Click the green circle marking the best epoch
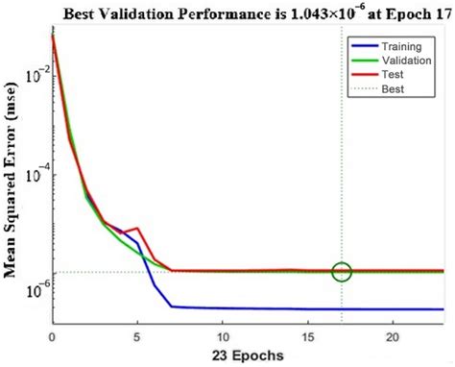coord(343,272)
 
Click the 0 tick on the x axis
coord(52,336)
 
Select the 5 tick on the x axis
coord(137,336)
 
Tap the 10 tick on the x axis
coord(223,336)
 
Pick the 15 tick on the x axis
coord(308,336)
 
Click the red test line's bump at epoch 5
coord(138,229)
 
